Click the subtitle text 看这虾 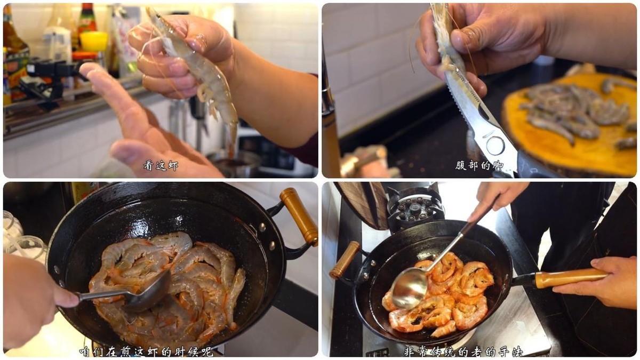[161, 166]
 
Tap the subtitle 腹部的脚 [479, 166]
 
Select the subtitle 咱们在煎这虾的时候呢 [146, 351]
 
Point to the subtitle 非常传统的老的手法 [463, 351]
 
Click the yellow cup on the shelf [94, 42]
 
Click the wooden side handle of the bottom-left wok [299, 217]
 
